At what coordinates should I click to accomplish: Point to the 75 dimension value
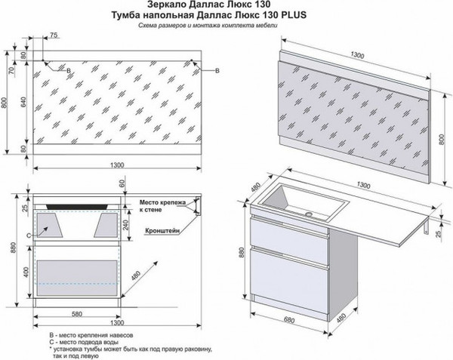click(53, 35)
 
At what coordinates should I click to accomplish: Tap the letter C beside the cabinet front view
click(29, 235)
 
